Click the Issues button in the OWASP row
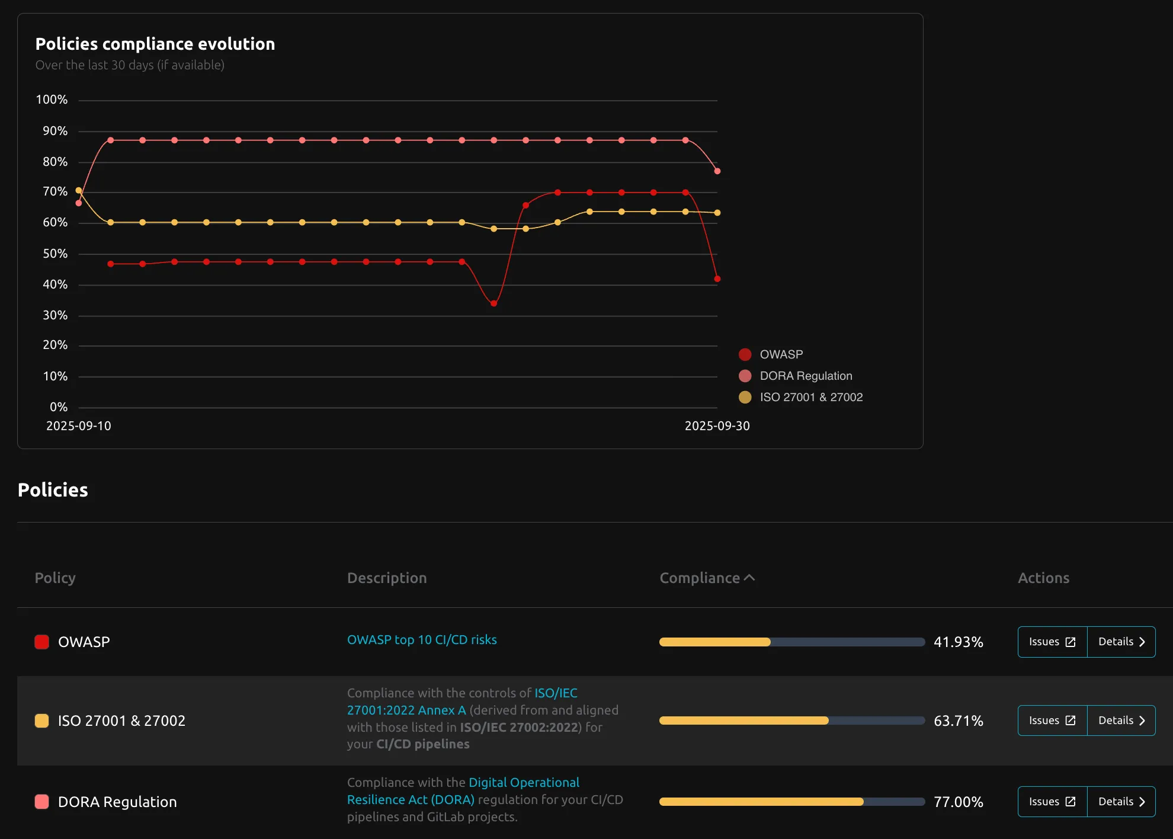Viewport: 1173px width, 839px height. tap(1052, 642)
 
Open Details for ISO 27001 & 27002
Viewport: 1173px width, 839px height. tap(1121, 720)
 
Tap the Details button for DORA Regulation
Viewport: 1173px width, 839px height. tap(1121, 802)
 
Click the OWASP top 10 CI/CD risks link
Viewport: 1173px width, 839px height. tap(422, 640)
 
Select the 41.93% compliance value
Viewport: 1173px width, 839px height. tap(958, 642)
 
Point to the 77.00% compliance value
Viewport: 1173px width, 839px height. tap(958, 802)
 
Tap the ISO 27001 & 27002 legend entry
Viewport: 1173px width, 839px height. tap(810, 397)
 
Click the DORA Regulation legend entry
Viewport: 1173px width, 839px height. tap(805, 376)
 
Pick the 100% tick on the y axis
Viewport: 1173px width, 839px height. tap(52, 100)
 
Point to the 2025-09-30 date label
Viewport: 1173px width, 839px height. tap(717, 426)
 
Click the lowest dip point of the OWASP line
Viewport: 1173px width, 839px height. tap(493, 303)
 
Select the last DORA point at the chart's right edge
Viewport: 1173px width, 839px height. tap(717, 171)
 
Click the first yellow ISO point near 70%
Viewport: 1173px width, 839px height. tap(79, 190)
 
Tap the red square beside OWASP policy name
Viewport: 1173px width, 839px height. tap(41, 642)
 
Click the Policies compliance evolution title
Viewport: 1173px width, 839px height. tap(155, 44)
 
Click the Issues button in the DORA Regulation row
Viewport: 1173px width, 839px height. tap(1052, 802)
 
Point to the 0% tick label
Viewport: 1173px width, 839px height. tap(58, 407)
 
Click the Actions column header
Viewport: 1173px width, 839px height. tap(1043, 578)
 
